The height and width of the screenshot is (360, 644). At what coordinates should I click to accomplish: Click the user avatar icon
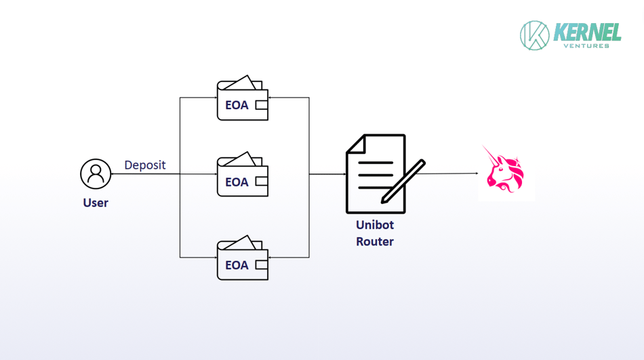pyautogui.click(x=96, y=174)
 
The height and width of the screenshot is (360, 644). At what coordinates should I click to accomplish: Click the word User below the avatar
pyautogui.click(x=96, y=203)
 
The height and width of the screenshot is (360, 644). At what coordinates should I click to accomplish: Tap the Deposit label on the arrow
pyautogui.click(x=144, y=165)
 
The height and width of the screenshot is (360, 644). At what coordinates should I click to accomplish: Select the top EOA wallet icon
pyautogui.click(x=242, y=100)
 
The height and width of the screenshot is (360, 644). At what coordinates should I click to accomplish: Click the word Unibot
pyautogui.click(x=375, y=225)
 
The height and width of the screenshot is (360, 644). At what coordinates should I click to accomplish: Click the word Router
pyautogui.click(x=375, y=241)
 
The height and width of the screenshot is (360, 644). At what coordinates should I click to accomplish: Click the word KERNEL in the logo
pyautogui.click(x=587, y=32)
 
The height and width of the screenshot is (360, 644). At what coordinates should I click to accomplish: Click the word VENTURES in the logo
pyautogui.click(x=586, y=45)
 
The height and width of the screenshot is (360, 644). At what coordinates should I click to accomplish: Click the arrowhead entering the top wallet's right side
pyautogui.click(x=270, y=98)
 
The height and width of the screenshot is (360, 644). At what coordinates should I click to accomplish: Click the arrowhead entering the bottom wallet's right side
pyautogui.click(x=270, y=258)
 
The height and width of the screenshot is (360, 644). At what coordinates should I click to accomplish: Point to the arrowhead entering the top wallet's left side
pyautogui.click(x=214, y=98)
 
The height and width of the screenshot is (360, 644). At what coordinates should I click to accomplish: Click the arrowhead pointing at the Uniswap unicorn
pyautogui.click(x=476, y=174)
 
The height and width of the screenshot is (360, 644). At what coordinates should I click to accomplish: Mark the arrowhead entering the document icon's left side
pyautogui.click(x=344, y=174)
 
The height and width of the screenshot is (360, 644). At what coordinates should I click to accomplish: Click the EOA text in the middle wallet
pyautogui.click(x=237, y=182)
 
